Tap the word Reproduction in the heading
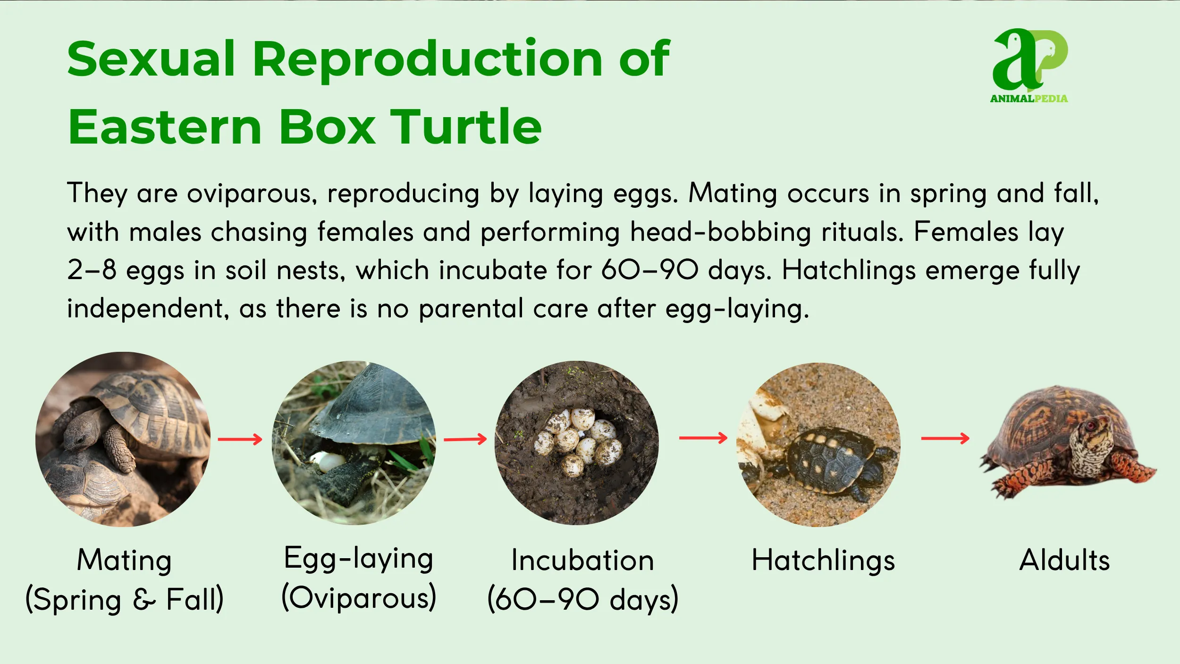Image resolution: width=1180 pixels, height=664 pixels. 427,59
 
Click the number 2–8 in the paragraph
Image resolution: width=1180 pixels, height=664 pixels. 92,270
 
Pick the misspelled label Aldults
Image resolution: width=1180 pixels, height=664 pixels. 1064,561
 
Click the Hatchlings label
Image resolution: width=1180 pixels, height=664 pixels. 823,561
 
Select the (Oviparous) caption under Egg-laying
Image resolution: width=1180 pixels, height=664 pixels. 359,598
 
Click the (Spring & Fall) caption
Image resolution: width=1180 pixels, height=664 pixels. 124,600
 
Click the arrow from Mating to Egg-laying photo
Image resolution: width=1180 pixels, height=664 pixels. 240,439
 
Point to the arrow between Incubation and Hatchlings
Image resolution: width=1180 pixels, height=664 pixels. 703,438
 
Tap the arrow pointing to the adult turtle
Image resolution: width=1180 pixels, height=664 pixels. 945,439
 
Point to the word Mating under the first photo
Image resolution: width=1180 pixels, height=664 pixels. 124,561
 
